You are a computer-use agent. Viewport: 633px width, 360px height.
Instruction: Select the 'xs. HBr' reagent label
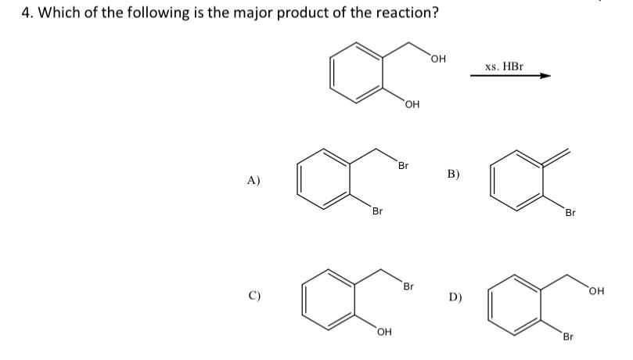[x=504, y=67]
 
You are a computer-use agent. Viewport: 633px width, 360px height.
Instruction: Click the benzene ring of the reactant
[x=357, y=71]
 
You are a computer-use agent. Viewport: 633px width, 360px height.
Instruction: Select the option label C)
[x=254, y=296]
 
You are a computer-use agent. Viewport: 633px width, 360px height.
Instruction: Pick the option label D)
[x=455, y=297]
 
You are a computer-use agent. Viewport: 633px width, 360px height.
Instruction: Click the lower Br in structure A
[x=378, y=211]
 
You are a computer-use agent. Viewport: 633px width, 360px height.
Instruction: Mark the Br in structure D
[x=569, y=337]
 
